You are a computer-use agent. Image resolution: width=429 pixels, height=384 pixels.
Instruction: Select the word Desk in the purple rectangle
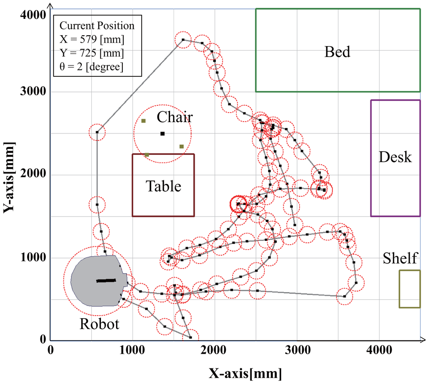coord(395,157)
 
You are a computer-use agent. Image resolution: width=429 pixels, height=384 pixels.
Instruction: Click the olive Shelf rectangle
coord(409,289)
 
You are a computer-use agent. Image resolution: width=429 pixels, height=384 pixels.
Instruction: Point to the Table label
coord(163,186)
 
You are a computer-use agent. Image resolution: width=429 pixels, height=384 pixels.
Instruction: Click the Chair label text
coord(175,117)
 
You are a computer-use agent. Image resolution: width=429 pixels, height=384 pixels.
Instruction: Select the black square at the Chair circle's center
coord(163,133)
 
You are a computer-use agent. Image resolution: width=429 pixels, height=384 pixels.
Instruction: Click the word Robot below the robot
coord(99,324)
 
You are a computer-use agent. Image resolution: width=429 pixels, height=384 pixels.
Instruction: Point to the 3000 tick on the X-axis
coord(297,350)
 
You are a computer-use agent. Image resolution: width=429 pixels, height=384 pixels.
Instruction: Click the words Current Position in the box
coord(97,26)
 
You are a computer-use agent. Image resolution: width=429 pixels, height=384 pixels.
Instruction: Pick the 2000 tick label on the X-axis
coord(215,350)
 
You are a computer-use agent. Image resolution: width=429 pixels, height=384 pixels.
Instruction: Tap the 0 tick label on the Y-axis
coord(42,339)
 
